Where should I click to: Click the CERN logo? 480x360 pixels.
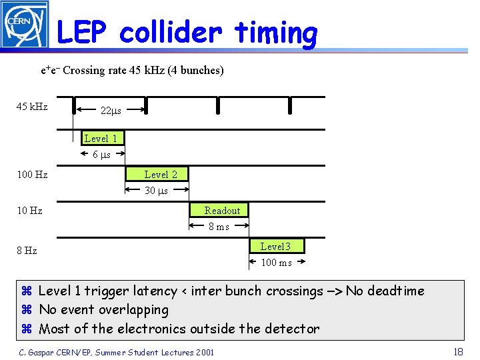(25, 25)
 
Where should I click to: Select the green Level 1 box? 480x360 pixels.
(101, 139)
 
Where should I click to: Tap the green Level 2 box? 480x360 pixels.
(161, 175)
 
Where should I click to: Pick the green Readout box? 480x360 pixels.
(222, 211)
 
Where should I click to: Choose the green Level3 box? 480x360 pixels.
(275, 247)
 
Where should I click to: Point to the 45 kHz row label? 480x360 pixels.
(32, 107)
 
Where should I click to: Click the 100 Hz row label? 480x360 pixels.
(32, 175)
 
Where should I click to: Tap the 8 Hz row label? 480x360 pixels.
(27, 251)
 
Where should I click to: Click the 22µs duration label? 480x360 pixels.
(110, 111)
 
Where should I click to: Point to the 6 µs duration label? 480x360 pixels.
(101, 155)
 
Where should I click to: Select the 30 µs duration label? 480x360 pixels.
(157, 191)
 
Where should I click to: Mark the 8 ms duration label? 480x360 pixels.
(219, 227)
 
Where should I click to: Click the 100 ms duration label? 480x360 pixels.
(276, 263)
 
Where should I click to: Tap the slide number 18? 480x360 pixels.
(457, 351)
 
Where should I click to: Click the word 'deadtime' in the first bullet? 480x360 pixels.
(395, 291)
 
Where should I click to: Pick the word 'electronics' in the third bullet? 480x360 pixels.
(149, 328)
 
